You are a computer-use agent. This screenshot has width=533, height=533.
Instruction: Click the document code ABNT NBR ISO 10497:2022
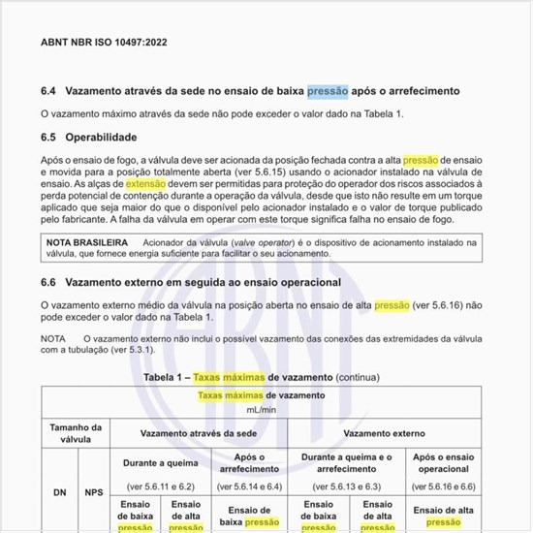(104, 43)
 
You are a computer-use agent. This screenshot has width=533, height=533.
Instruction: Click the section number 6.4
(48, 91)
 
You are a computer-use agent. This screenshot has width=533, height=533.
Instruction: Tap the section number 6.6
(48, 282)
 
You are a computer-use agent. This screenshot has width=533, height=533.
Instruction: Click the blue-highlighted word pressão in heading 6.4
(327, 91)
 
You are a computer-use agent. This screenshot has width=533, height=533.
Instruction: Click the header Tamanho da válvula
(75, 432)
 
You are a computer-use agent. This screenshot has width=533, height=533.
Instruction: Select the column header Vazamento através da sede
(200, 434)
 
